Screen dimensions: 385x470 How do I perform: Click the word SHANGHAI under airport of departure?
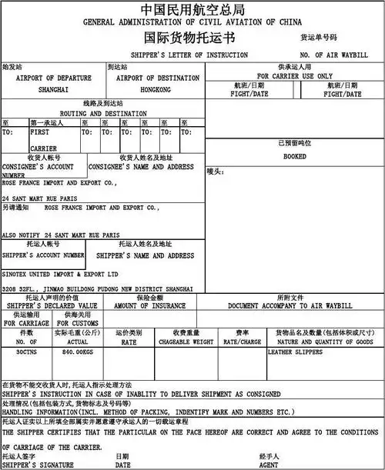click(53, 89)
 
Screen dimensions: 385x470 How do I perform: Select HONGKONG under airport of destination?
click(155, 89)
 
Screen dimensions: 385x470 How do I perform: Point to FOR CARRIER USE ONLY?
click(295, 76)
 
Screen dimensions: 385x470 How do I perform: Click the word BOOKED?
click(295, 156)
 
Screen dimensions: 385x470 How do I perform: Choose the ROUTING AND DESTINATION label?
click(103, 113)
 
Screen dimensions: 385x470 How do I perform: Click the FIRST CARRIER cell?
click(44, 139)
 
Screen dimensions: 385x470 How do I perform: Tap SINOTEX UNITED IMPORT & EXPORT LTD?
click(60, 273)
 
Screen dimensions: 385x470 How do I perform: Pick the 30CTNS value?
click(27, 351)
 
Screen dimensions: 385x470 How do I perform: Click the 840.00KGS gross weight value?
click(78, 351)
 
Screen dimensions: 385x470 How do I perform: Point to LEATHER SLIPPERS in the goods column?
click(297, 351)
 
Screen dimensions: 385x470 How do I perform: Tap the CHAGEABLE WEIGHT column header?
click(186, 341)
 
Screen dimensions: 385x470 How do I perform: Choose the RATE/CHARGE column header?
click(242, 341)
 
